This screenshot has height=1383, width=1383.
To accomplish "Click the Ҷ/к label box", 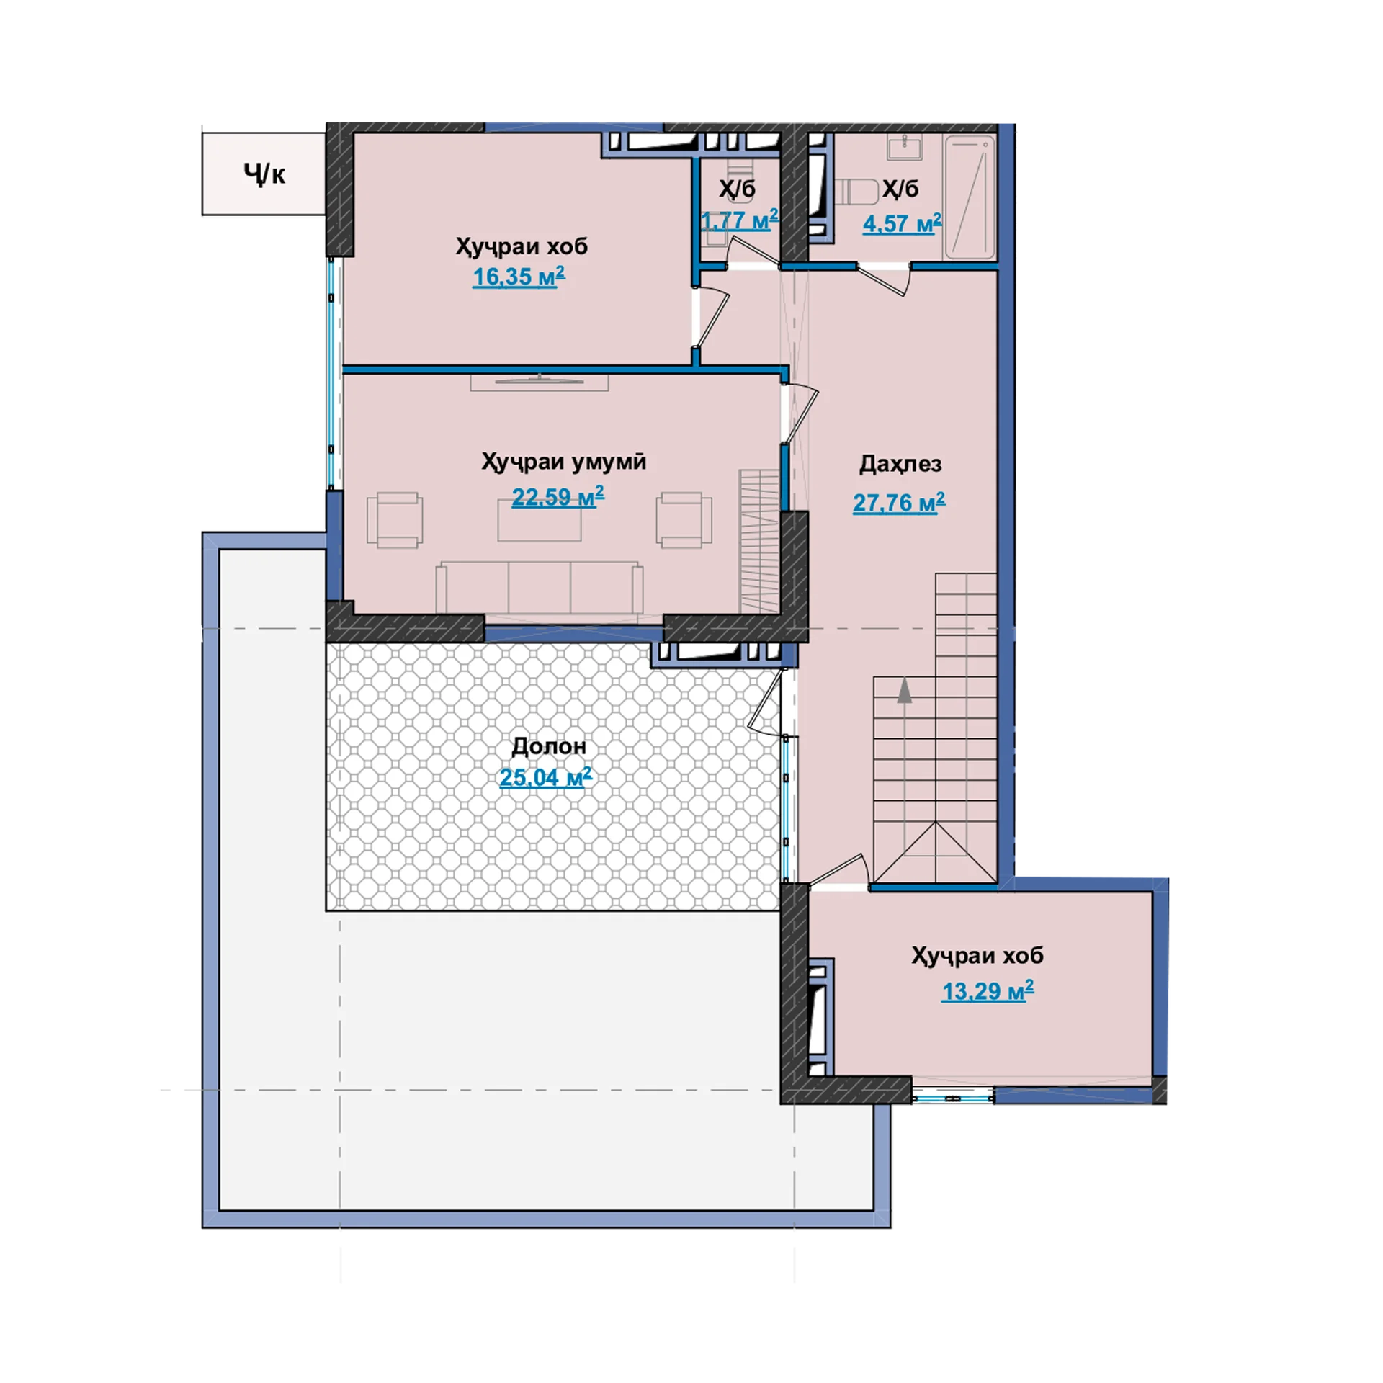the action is coord(264,173).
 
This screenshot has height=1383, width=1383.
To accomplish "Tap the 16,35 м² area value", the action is coord(519,277).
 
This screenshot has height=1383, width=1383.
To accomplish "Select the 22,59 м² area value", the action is coord(558,496).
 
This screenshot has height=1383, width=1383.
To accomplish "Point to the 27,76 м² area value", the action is coord(899,502).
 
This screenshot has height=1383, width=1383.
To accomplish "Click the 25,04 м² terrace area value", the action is coord(545,777).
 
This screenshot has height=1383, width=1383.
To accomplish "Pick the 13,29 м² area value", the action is coord(988,991).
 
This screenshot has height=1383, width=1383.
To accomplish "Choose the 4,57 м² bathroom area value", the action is coord(902,223).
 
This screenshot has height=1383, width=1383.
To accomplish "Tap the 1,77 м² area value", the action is coord(740,220).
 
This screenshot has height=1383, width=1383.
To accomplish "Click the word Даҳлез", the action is coord(900,464).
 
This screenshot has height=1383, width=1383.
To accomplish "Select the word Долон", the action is coord(549,746).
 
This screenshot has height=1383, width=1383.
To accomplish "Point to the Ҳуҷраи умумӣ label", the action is coord(563,462).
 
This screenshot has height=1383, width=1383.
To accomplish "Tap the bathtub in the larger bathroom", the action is coord(970,197).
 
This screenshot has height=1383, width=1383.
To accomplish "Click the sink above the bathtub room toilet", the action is coord(905,149).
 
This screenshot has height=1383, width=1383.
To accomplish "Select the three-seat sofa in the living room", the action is coord(539,588).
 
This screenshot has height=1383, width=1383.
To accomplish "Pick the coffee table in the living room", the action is coord(539,520).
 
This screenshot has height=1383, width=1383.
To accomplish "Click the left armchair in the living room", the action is coord(395,520).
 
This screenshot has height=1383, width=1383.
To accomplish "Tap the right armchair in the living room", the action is coord(684,520).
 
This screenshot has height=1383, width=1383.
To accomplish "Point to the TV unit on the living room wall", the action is coord(540,382).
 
